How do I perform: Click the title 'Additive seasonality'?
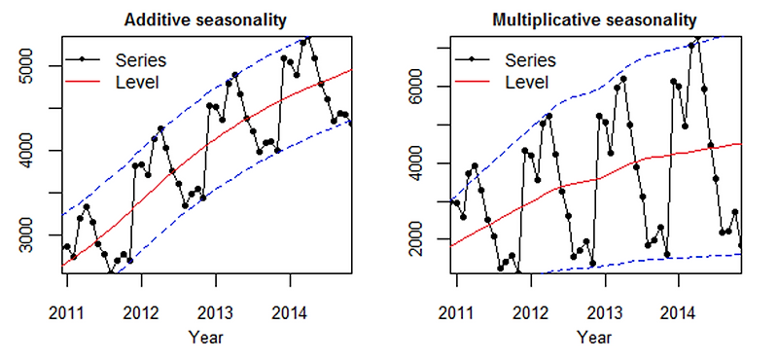[206, 19]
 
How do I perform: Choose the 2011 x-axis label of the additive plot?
[68, 312]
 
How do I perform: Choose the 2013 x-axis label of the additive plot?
[216, 312]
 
